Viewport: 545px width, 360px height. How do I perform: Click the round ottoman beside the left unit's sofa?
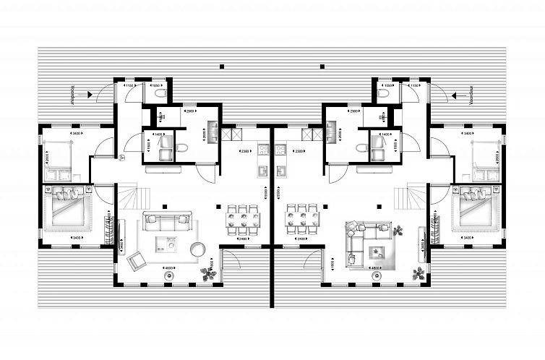(x=197, y=249)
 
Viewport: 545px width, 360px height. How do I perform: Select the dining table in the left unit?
(x=239, y=216)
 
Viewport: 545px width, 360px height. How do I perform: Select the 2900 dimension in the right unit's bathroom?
(x=354, y=112)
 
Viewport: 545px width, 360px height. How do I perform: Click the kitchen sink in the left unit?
(x=262, y=171)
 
